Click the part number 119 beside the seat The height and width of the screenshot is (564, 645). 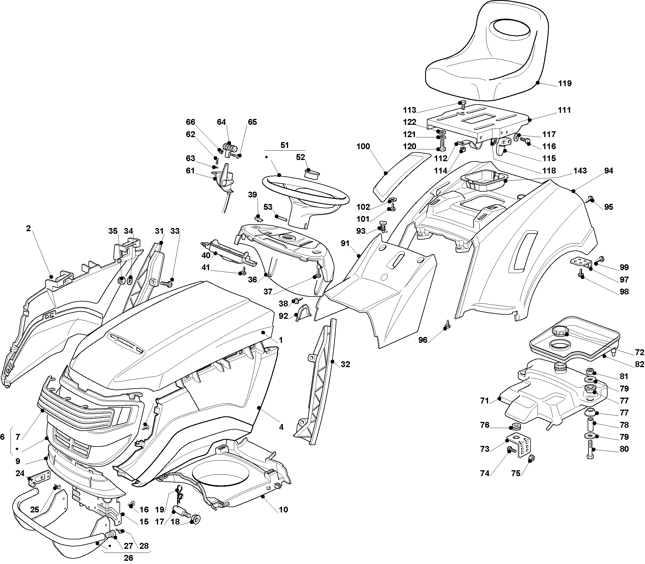point(565,84)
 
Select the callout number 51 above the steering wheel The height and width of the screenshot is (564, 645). point(284,145)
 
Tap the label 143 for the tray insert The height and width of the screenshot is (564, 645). point(580,171)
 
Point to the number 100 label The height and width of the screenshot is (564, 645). point(363,146)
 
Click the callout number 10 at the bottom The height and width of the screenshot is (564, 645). point(283,510)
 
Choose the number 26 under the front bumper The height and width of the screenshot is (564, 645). point(128,558)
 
